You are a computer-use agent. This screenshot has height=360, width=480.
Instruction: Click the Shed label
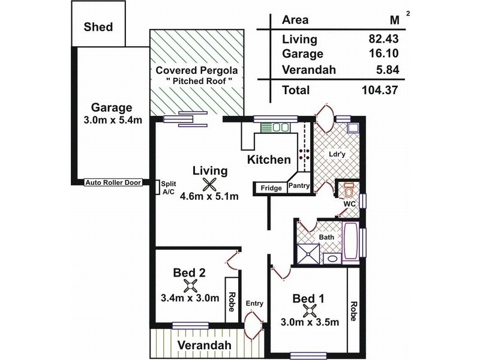(x=98, y=27)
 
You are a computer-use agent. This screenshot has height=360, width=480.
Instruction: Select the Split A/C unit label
(x=168, y=188)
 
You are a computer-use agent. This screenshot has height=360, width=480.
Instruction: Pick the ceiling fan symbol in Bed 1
(x=310, y=310)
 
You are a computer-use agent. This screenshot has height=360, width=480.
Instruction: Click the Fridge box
(x=271, y=188)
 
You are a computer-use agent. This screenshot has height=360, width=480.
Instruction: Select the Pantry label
(x=299, y=186)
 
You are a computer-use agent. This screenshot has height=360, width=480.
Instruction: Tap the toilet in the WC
(x=347, y=192)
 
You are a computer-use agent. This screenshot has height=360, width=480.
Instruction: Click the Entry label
(x=254, y=304)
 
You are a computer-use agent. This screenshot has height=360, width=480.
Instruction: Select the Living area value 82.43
(x=384, y=40)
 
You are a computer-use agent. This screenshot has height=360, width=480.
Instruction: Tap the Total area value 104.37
(x=381, y=91)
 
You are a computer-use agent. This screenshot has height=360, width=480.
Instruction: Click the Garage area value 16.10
(x=384, y=55)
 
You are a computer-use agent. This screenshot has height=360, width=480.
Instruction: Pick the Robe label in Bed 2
(x=231, y=298)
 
